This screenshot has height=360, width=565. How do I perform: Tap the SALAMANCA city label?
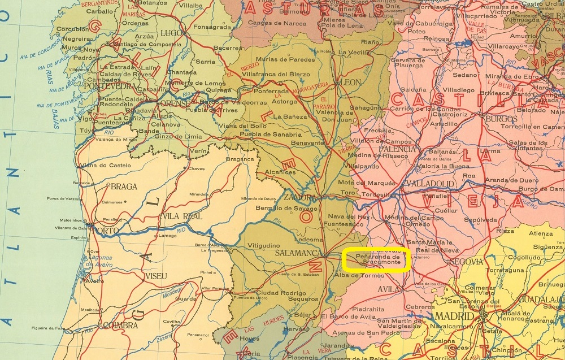pos(297,253)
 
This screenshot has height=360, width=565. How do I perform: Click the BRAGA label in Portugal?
pos(124,186)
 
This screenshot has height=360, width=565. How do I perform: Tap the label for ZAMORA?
pos(299,198)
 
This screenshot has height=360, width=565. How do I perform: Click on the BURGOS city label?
pos(501,119)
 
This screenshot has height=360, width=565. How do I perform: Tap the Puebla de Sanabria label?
pos(270,135)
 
